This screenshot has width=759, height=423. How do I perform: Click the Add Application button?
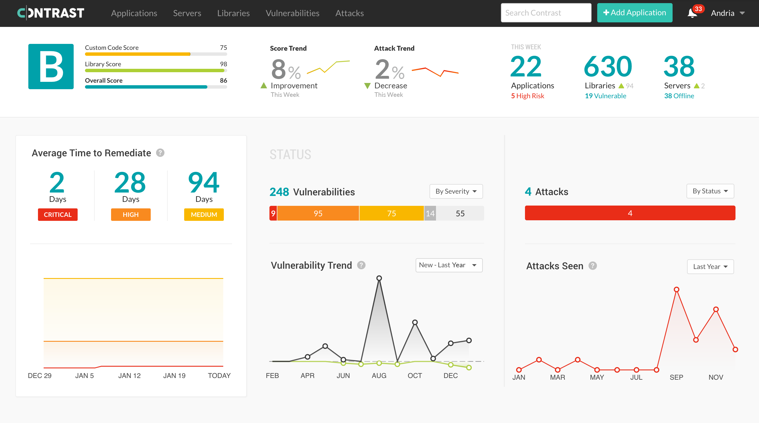click(x=634, y=13)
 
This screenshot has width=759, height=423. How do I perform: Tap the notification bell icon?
click(x=692, y=13)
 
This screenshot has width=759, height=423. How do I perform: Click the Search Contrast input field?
click(x=546, y=13)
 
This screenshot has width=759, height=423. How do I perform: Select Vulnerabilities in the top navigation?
click(x=292, y=13)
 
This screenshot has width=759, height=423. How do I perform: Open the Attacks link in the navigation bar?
click(x=349, y=13)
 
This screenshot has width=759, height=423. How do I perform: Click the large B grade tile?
click(x=51, y=67)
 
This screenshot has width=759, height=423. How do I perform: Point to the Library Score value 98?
click(x=223, y=64)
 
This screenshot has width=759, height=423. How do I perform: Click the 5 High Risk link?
click(x=528, y=96)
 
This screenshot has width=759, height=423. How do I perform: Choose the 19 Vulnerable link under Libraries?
click(x=605, y=96)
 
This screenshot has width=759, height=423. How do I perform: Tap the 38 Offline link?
click(x=679, y=96)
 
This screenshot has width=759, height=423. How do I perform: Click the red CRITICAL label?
click(x=58, y=215)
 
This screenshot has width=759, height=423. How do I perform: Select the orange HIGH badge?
click(x=131, y=215)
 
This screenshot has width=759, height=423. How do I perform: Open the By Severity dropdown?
click(x=456, y=191)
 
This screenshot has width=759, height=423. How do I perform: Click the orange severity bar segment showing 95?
click(x=318, y=213)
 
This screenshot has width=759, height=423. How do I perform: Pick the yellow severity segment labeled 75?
click(x=391, y=213)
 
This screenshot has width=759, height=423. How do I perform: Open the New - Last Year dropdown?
click(x=449, y=265)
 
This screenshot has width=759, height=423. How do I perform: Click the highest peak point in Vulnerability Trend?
click(x=379, y=278)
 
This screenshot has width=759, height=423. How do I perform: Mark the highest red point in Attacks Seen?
click(x=677, y=290)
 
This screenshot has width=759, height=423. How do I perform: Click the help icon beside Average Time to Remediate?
click(x=160, y=153)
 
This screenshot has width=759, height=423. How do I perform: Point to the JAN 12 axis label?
click(x=129, y=376)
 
